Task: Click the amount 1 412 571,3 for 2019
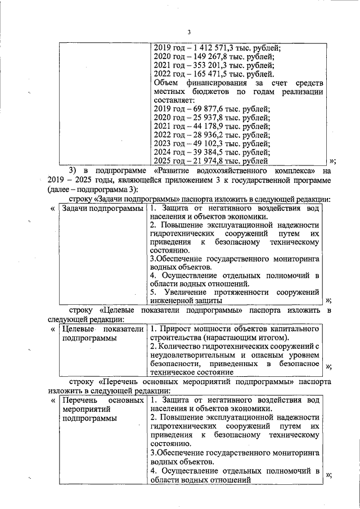[209, 48]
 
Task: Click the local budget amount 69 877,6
[202, 109]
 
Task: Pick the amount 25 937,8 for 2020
[202, 118]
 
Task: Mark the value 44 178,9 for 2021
[202, 127]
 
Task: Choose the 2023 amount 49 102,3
[202, 136]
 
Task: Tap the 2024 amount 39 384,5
[202, 152]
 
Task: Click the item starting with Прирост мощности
[235, 333]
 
